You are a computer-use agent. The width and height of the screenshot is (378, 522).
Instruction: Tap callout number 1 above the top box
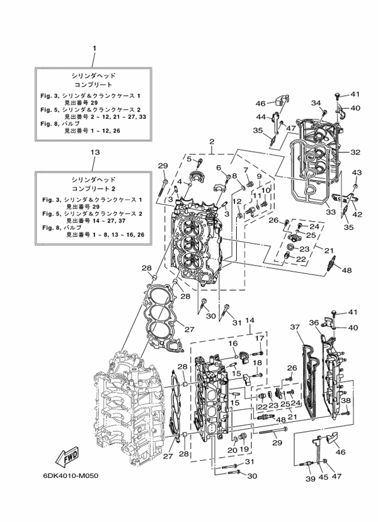point(94,48)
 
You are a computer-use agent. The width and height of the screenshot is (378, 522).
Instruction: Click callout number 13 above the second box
point(94,152)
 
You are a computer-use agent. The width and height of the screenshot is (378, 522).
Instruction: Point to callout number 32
point(355,152)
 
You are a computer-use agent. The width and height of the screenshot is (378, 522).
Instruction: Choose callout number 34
point(316,103)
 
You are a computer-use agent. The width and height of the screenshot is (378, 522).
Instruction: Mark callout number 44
point(260,118)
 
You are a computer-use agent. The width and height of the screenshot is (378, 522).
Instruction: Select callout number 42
point(357,215)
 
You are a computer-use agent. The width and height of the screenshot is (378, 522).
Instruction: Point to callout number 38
point(346,401)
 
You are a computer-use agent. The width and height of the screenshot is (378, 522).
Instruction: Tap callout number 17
point(258,339)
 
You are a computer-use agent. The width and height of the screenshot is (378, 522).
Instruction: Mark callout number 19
point(244,450)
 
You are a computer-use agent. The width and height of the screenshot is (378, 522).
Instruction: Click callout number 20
point(232,450)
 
